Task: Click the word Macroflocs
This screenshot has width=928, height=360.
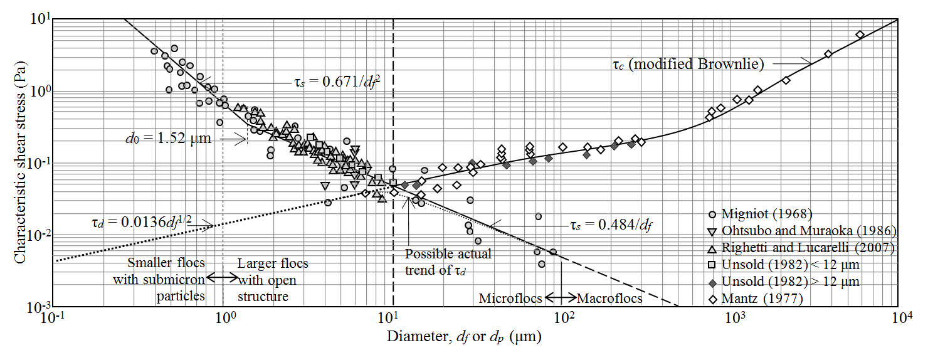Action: (609, 299)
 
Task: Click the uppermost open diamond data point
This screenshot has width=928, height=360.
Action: (860, 34)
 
